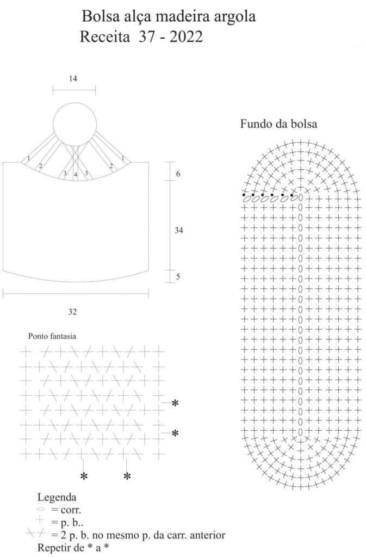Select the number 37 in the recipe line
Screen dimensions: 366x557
tap(146, 37)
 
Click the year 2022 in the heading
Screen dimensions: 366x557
tap(186, 37)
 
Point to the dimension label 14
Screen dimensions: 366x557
tap(73, 78)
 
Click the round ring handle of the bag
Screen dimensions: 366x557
tap(75, 103)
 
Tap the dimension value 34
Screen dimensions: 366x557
tap(178, 231)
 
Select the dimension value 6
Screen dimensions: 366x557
tap(178, 174)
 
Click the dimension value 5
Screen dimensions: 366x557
tap(178, 276)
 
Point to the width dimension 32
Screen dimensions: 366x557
tap(72, 312)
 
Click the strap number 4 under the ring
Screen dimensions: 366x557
tap(76, 175)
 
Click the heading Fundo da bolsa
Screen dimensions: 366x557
tap(278, 124)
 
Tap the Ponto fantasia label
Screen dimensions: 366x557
tap(52, 336)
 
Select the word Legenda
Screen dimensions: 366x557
tap(57, 497)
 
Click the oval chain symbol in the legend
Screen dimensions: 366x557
tap(41, 509)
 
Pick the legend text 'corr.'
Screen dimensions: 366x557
tap(71, 510)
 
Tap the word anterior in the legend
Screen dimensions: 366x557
tap(208, 535)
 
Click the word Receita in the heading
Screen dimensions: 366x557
tap(105, 37)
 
